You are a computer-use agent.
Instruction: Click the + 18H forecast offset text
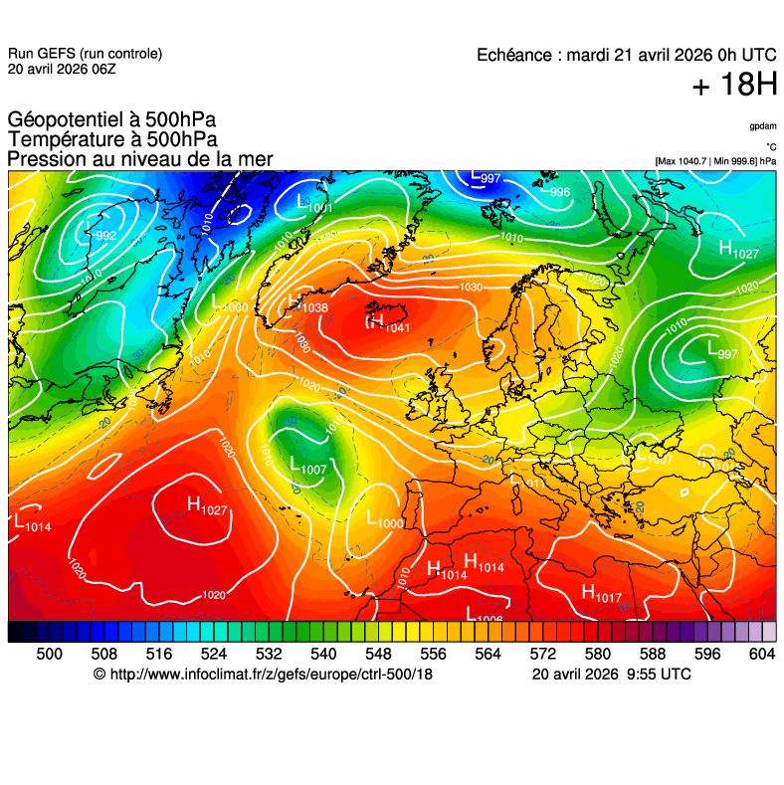734,86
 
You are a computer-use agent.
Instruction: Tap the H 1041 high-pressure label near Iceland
388,322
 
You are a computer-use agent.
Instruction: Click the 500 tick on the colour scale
49,654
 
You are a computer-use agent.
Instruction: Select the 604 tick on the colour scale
762,654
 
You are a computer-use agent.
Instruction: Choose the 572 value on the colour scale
542,654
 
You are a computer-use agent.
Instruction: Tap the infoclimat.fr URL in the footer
263,675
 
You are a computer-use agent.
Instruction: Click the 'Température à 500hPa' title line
112,140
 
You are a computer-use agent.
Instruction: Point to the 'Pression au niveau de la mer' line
139,159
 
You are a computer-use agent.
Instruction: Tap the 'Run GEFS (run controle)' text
85,54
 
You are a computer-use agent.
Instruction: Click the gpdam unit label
763,126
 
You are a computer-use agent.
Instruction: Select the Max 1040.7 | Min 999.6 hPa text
715,160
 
